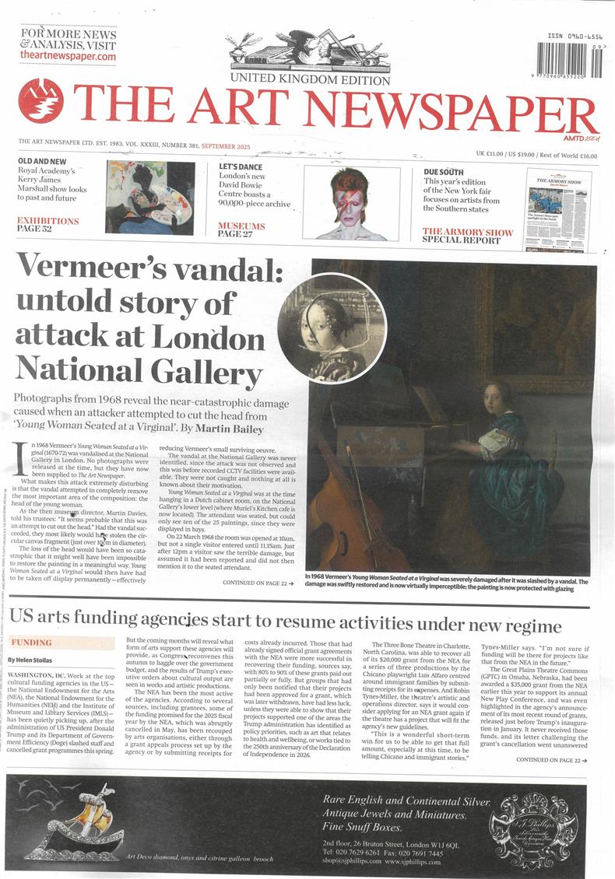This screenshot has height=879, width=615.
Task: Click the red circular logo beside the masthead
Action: [40, 100]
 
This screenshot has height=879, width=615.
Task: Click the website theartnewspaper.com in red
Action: [69, 57]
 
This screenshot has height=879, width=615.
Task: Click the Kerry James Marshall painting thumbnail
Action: [150, 198]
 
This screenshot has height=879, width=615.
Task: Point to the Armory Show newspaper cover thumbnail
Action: [558, 210]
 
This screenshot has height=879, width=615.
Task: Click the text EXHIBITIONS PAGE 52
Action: [48, 226]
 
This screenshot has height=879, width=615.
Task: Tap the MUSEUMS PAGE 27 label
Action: [241, 229]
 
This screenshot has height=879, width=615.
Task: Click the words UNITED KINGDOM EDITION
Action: [310, 79]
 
